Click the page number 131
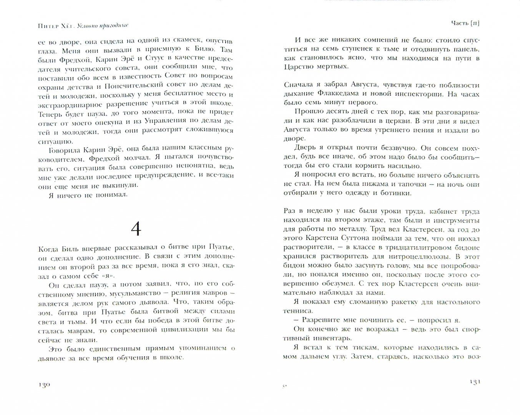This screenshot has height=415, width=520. coord(474,382)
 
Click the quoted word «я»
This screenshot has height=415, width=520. coord(109,276)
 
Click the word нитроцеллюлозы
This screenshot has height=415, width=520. coord(409,257)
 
